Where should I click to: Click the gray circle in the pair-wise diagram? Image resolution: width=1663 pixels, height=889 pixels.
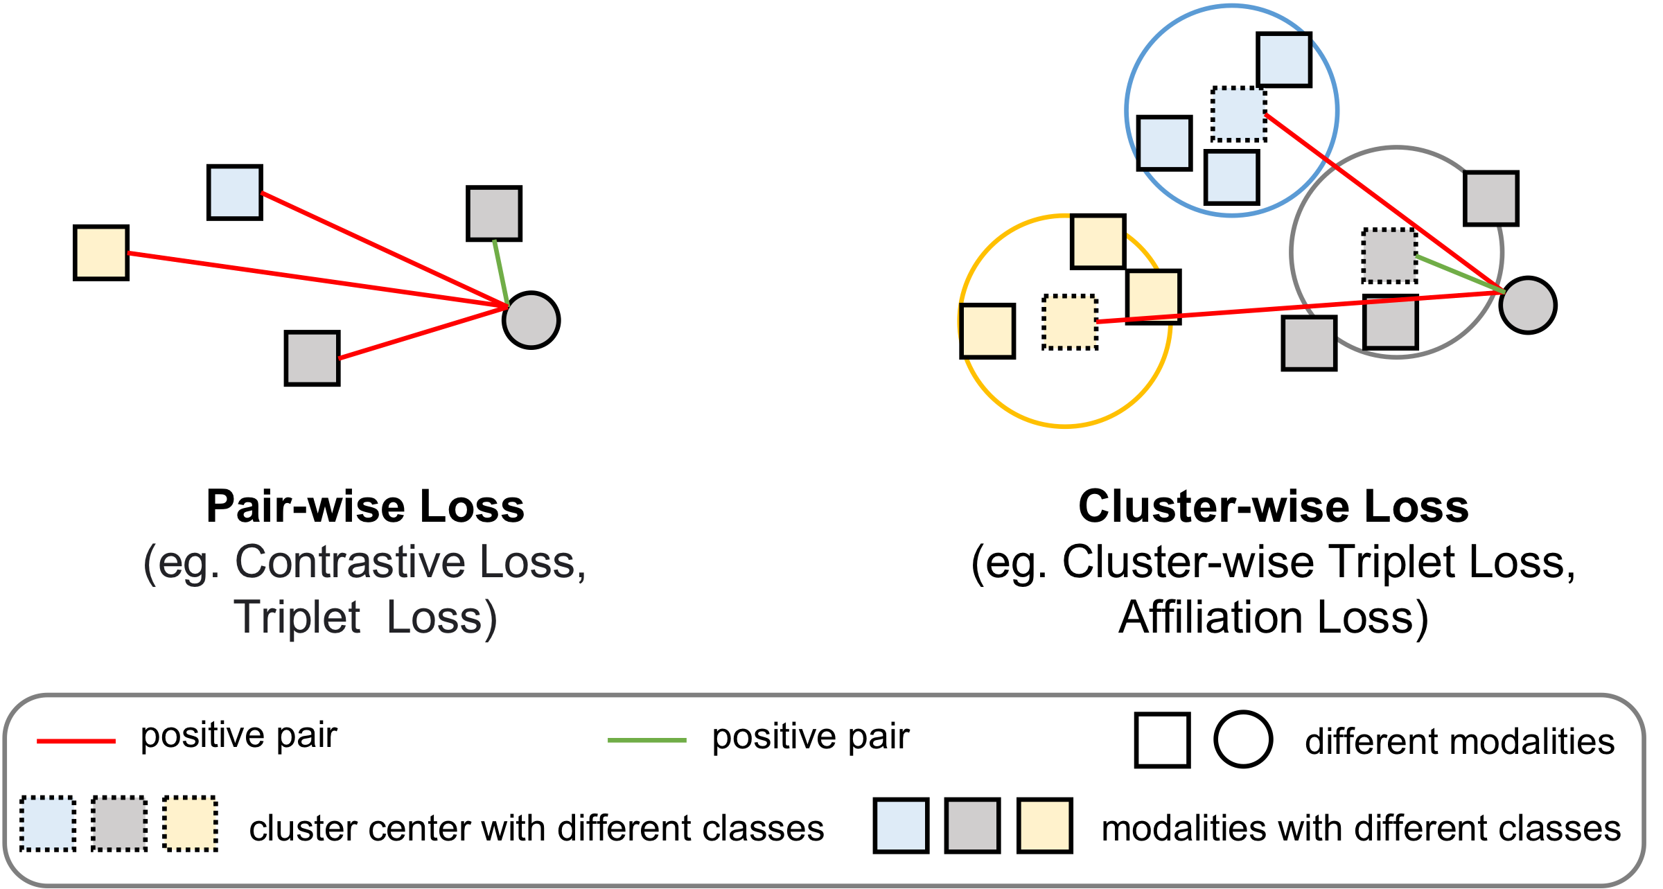coord(531,320)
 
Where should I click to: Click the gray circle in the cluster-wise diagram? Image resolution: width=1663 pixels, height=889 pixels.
coord(1528,306)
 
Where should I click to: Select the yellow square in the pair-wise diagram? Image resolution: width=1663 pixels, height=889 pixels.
coord(101,253)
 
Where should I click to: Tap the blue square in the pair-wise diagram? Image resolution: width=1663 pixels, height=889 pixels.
coord(235,193)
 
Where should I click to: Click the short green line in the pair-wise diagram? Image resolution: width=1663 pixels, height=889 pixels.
coord(501,272)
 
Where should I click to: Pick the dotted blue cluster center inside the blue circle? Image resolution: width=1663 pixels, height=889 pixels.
coord(1239,114)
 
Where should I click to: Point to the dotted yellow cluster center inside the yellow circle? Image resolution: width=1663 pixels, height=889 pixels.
coord(1071,322)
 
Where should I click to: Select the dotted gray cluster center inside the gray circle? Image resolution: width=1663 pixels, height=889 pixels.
coord(1389,256)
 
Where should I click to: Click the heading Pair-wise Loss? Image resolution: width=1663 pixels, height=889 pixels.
coord(365,507)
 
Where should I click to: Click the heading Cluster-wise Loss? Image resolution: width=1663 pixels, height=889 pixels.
coord(1273,507)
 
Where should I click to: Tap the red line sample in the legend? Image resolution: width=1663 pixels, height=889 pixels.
coord(76,741)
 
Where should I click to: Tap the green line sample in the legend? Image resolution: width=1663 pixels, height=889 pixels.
coord(646,740)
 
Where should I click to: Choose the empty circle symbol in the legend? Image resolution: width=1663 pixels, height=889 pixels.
coord(1243,739)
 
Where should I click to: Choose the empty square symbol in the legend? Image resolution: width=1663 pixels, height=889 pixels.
coord(1162,740)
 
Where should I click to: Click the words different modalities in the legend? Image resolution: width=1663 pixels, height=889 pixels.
coord(1459,741)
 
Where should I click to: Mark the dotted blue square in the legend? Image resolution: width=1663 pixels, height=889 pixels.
coord(48,824)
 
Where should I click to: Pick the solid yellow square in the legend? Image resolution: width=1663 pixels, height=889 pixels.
coord(1045,825)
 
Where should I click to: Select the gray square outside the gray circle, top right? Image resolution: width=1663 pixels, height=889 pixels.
coord(1491,199)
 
